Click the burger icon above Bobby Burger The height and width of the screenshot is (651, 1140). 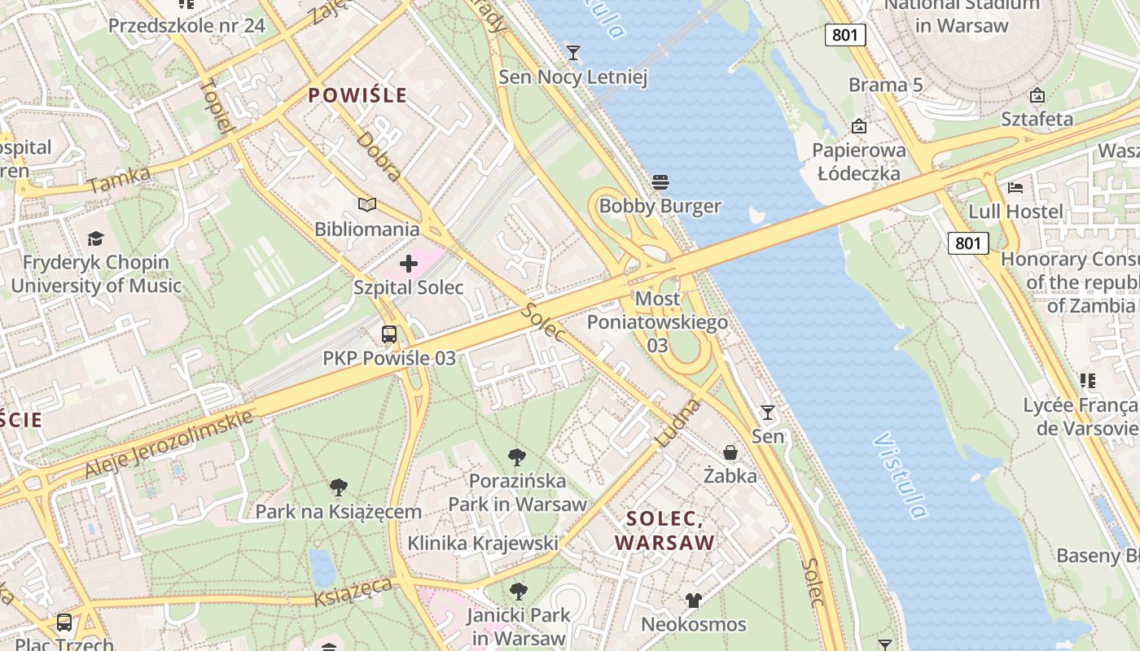click(660, 181)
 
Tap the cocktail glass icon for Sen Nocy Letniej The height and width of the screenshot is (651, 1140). click(573, 53)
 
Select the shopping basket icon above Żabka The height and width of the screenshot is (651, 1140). click(730, 452)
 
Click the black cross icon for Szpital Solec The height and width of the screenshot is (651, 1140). click(409, 263)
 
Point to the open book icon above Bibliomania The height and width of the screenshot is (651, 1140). click(367, 204)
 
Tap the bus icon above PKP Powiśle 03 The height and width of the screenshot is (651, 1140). click(389, 334)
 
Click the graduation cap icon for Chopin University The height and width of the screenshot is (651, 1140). click(96, 238)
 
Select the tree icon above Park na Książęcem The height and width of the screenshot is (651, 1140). click(339, 487)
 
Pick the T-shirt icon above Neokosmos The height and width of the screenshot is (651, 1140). click(693, 601)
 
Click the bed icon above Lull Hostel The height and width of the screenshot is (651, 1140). click(1015, 187)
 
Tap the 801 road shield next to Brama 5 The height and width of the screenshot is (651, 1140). click(844, 35)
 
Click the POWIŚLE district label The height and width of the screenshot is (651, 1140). click(357, 95)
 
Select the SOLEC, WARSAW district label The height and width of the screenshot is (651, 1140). click(664, 531)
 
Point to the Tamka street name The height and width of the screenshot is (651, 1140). click(119, 180)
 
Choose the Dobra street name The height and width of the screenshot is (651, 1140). click(378, 155)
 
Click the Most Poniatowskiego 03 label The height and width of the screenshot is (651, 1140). click(657, 322)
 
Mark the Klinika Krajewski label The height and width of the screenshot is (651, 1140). click(483, 543)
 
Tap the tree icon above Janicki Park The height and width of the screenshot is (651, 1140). click(517, 592)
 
